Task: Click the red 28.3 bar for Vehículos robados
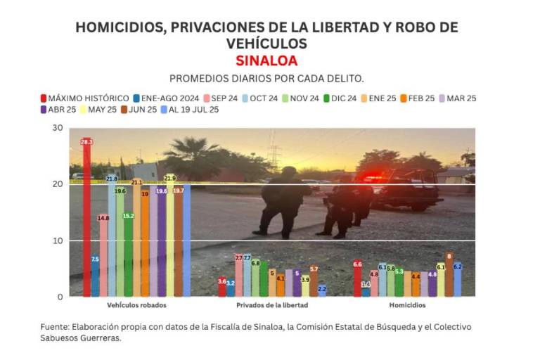coord(86,218)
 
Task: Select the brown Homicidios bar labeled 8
coord(449,275)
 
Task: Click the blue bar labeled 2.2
coord(322,290)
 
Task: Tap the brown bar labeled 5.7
coord(314,281)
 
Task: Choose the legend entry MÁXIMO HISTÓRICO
coord(84,98)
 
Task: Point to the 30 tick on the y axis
coord(57,128)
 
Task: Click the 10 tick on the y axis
coord(57,240)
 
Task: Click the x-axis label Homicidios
coord(407,306)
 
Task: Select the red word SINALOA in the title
coord(266,60)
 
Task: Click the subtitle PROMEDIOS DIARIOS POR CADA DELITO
coord(266,78)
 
